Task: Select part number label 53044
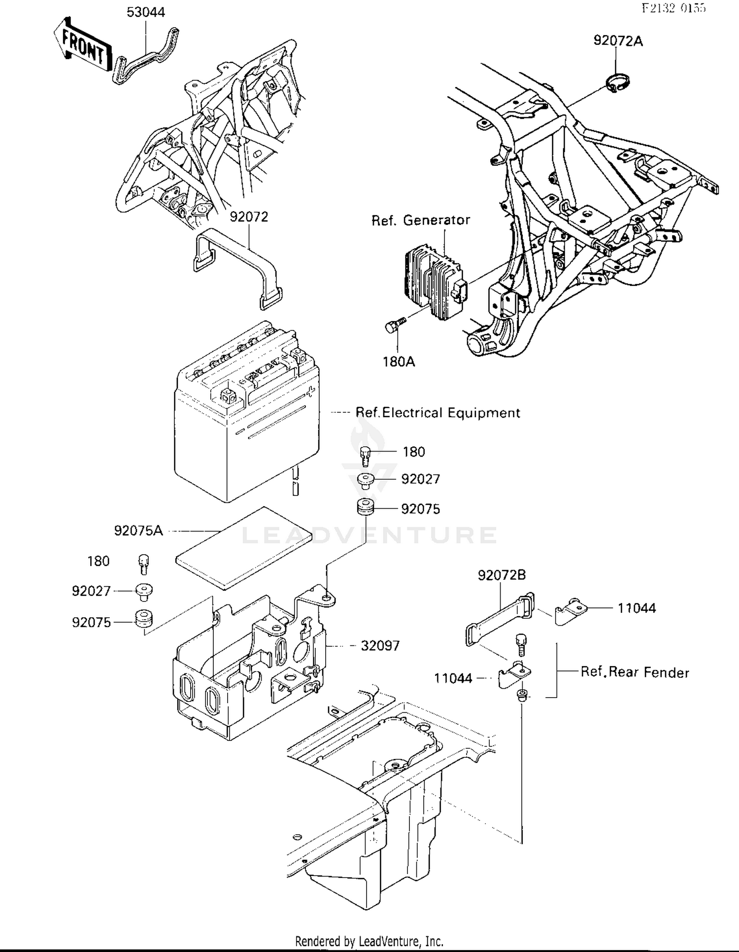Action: tap(146, 12)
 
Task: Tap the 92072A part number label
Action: tap(618, 41)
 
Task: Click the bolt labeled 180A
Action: tap(394, 325)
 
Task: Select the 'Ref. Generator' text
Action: tap(421, 220)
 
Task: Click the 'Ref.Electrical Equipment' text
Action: tap(437, 413)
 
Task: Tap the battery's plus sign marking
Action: tap(310, 392)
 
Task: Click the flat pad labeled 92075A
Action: tap(244, 547)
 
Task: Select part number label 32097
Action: tap(380, 645)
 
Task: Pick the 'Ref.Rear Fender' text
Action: tap(635, 672)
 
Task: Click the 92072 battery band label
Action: tap(249, 217)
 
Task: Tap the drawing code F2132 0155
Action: tap(673, 8)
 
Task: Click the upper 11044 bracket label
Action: tap(637, 608)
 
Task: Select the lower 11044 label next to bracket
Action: tap(453, 678)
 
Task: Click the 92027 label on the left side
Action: tap(91, 591)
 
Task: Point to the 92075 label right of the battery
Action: tap(420, 509)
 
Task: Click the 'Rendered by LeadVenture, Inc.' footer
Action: tap(369, 941)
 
